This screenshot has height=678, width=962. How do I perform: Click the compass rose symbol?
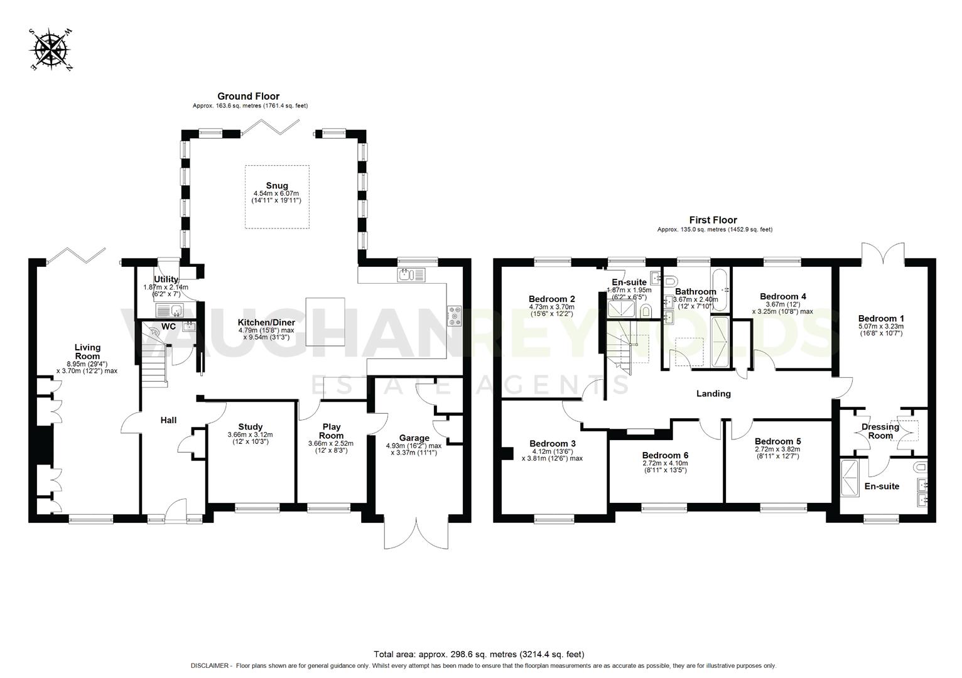coord(51,49)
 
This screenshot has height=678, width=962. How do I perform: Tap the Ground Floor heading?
coord(248,96)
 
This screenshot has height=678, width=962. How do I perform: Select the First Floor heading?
coord(713,220)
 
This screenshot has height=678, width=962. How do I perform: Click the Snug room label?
coord(276,185)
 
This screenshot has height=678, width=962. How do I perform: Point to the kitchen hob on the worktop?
coord(454,315)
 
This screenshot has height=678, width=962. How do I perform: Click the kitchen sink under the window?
coord(411,274)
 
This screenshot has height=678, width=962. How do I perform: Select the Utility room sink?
coord(168,309)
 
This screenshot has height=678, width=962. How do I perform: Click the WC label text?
coord(169,326)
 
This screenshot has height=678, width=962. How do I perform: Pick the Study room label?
coord(250,427)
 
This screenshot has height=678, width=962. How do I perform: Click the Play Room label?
coord(331,431)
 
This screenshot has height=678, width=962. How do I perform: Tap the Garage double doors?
coord(416,534)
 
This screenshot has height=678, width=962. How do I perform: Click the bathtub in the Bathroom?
coord(720,289)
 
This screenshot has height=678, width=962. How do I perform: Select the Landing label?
coord(713,394)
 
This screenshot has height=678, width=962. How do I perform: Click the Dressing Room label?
coord(880,431)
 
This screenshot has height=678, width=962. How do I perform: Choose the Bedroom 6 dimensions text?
coord(664,466)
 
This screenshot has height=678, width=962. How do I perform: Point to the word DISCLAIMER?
coord(211,665)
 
